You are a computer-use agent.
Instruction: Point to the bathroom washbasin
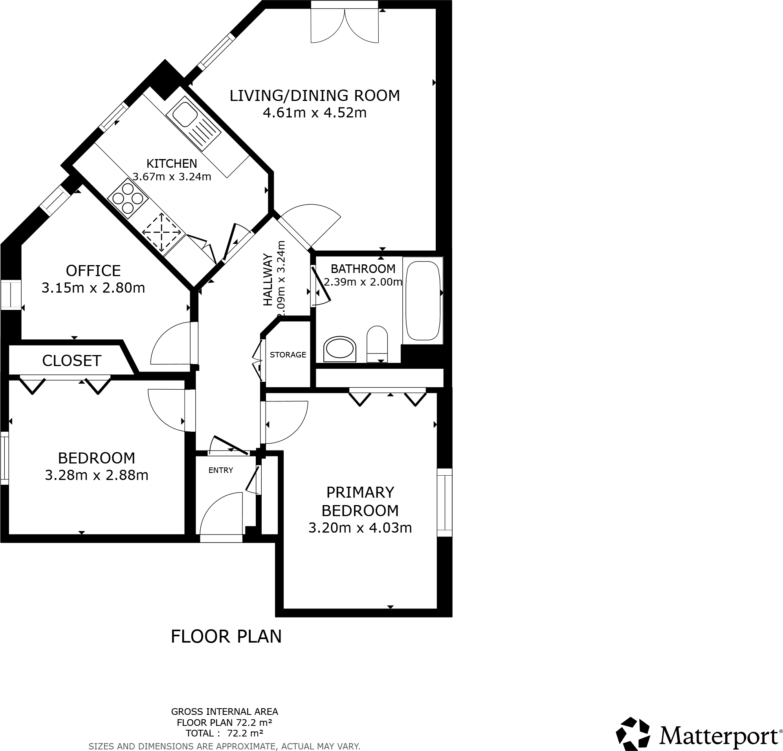point(339,349)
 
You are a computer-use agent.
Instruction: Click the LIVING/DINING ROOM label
point(314,96)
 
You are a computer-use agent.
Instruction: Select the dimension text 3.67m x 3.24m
point(172,177)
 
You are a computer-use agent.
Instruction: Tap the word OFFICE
point(93,271)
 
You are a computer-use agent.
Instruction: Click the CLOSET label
point(72,361)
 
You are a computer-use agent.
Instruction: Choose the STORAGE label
point(288,355)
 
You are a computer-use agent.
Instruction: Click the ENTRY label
point(220,470)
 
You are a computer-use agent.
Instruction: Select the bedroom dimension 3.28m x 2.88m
point(96,475)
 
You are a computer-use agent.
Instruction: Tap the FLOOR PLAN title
point(226,636)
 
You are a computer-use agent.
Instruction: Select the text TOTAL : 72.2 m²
point(224,733)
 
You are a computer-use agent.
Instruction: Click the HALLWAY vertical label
point(267,280)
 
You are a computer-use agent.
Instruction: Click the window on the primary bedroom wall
point(444,502)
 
